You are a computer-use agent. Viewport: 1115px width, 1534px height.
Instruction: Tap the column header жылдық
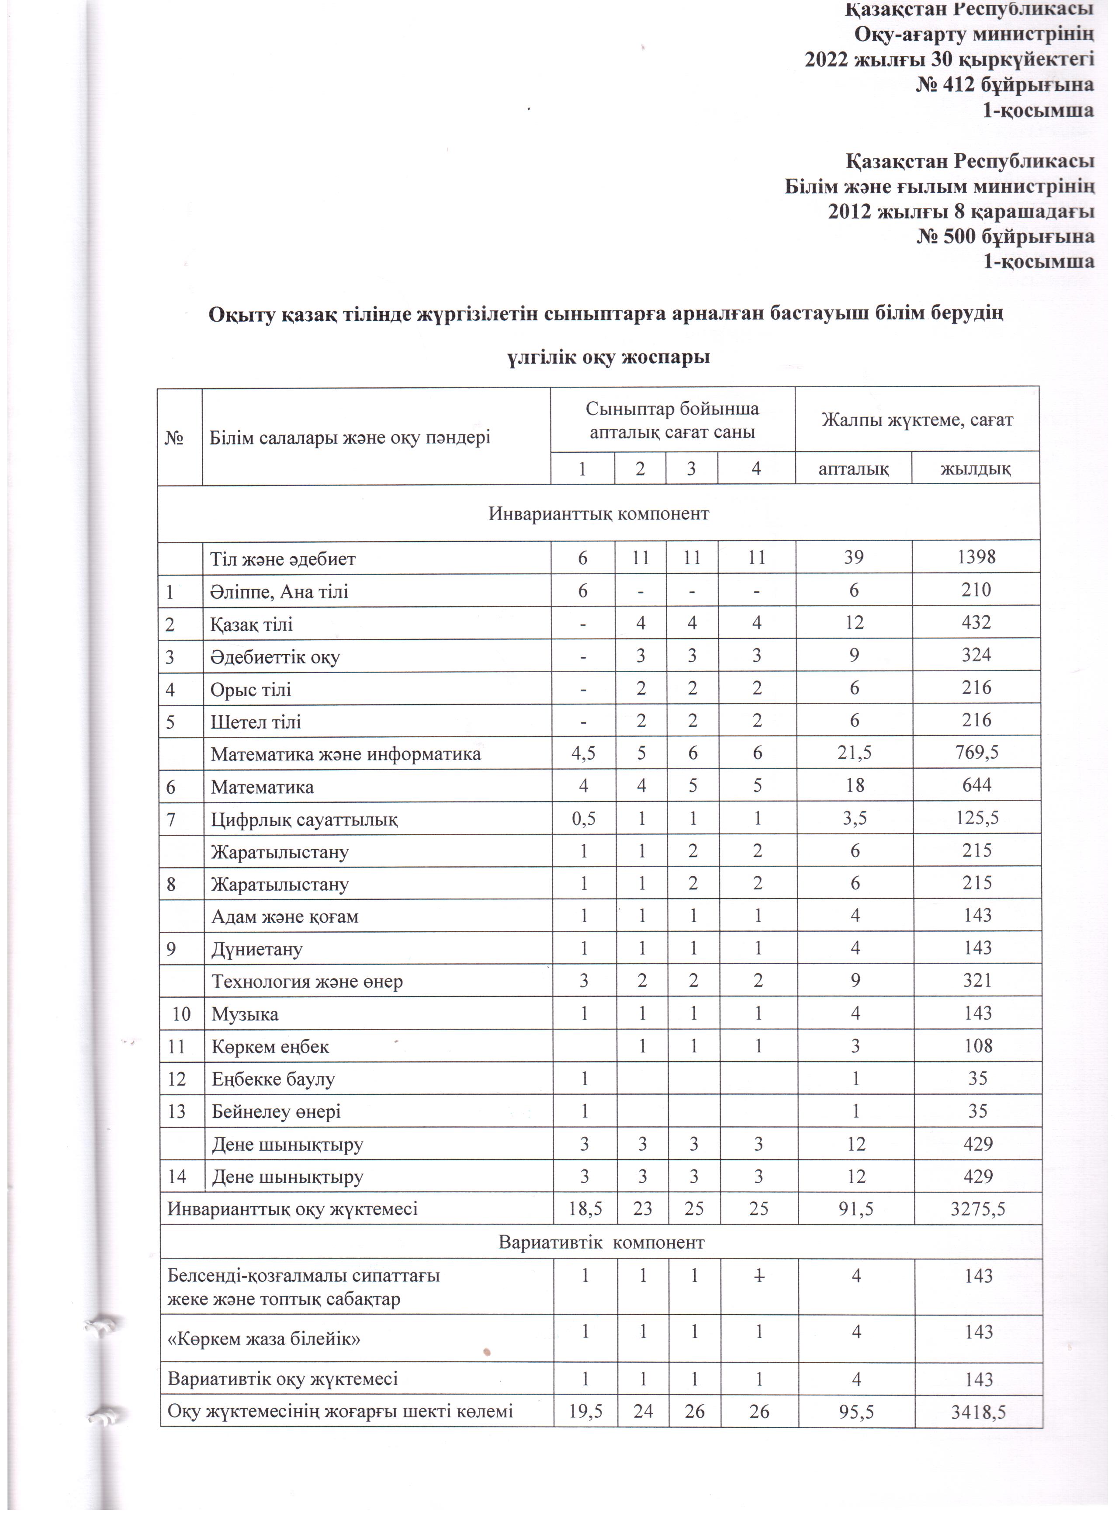click(x=976, y=468)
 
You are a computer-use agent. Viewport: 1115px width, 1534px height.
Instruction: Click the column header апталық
click(x=853, y=468)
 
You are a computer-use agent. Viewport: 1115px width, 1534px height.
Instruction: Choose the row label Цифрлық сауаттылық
click(x=304, y=820)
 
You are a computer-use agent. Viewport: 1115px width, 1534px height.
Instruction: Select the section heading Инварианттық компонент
click(x=599, y=514)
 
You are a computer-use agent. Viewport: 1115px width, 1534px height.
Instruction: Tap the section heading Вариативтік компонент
click(x=601, y=1242)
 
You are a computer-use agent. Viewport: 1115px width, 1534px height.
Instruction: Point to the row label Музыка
click(x=245, y=1014)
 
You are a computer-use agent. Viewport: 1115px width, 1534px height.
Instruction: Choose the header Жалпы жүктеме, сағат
click(x=917, y=420)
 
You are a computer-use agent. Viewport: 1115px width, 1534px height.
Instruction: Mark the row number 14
click(x=177, y=1177)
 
